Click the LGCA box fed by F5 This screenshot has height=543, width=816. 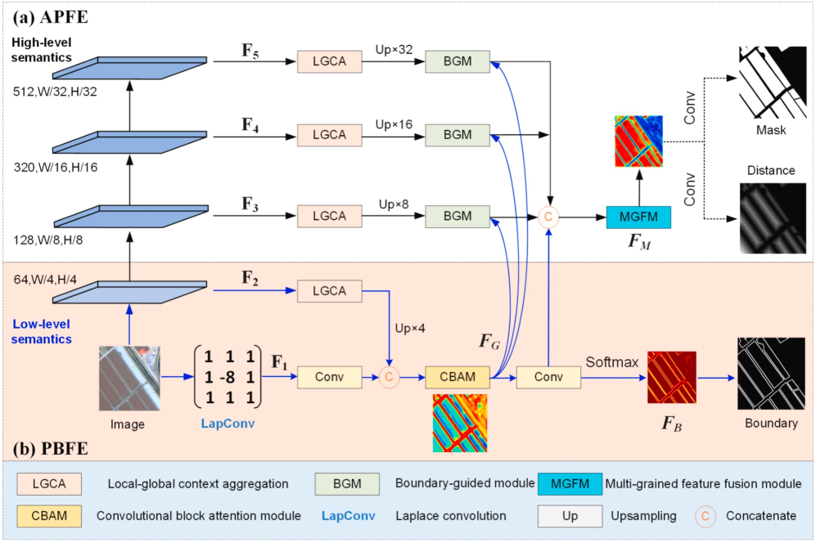click(330, 61)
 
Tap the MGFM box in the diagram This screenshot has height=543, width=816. click(638, 217)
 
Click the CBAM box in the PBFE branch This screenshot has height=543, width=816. click(458, 377)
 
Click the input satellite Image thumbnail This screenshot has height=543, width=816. click(127, 379)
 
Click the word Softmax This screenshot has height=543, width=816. click(611, 361)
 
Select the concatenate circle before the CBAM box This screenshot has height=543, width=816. click(390, 378)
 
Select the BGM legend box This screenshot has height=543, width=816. click(347, 484)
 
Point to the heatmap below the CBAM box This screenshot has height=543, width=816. click(458, 423)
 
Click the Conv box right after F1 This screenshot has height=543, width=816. click(329, 377)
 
